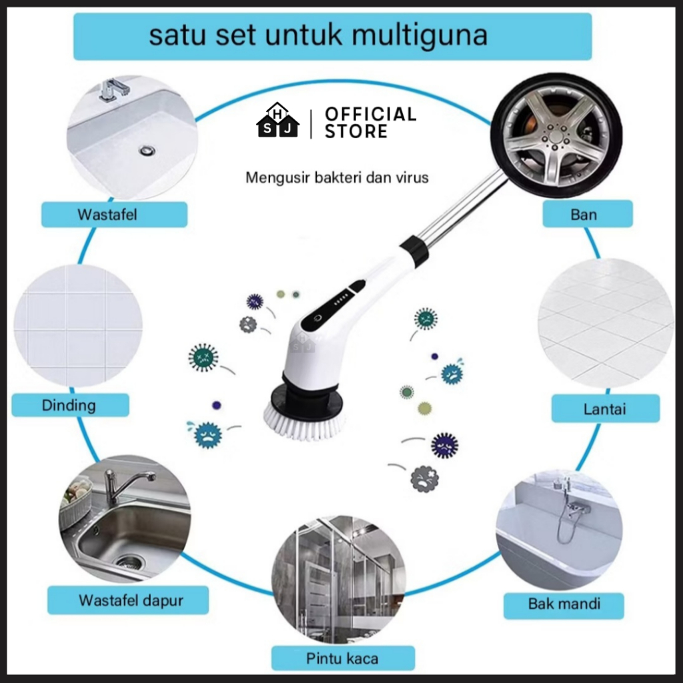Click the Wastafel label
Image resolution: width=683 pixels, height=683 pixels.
[114, 215]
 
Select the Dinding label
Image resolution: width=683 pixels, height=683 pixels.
[69, 405]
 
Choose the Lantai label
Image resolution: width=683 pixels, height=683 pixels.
[605, 408]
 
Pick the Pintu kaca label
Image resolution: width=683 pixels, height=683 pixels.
[342, 658]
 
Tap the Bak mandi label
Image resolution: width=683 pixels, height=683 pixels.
[564, 604]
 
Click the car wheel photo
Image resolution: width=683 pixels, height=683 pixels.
[556, 135]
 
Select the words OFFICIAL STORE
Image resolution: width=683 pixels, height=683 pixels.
[370, 123]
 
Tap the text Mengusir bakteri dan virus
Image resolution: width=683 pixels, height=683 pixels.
[337, 178]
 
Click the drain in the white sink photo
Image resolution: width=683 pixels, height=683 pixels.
[147, 151]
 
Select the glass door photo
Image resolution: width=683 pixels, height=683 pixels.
[338, 578]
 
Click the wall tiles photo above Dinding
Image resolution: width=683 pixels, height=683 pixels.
[78, 325]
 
